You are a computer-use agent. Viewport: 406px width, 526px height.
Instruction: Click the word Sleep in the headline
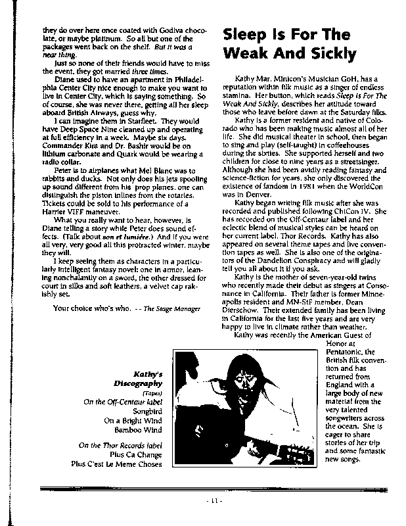click(246, 34)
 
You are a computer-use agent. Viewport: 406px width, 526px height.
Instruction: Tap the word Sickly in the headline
click(327, 54)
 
